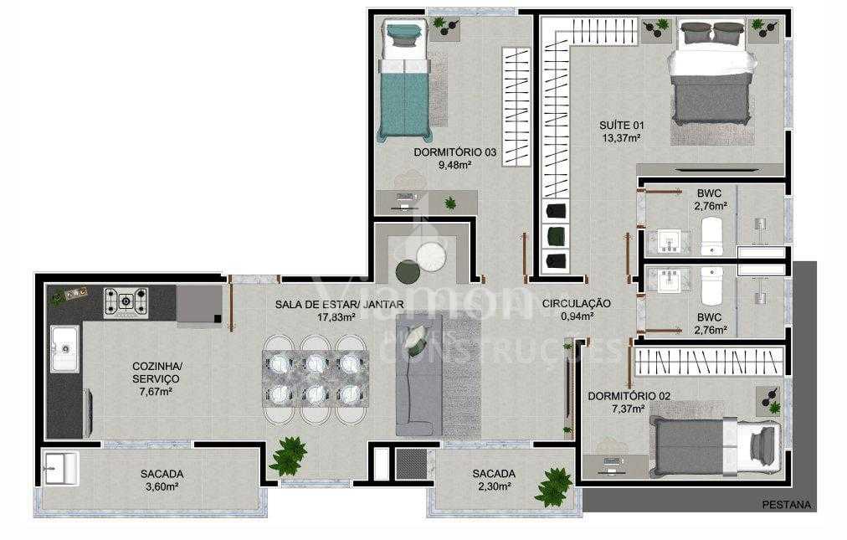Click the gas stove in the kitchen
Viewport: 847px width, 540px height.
tap(126, 302)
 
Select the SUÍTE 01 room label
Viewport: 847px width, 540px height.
tap(620, 126)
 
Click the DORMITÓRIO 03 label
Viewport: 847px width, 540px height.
tap(454, 152)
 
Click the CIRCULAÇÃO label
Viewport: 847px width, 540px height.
tap(576, 303)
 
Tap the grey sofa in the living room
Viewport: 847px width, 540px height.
tap(416, 373)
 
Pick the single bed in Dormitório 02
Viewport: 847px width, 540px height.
tap(716, 446)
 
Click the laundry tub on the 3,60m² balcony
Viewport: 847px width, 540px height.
tap(60, 469)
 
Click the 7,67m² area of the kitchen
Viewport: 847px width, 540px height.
tap(157, 391)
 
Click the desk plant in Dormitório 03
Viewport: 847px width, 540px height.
tap(450, 202)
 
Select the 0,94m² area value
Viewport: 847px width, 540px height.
tap(576, 316)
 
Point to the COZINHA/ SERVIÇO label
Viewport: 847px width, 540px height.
tap(157, 373)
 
